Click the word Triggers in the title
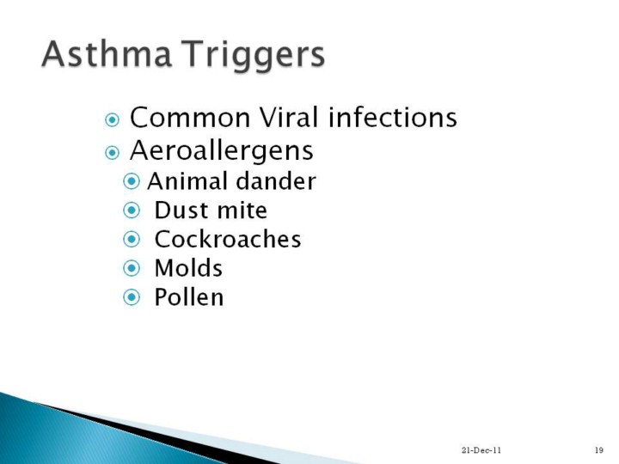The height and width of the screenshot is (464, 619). point(253,57)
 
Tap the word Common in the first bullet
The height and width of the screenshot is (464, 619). point(190,118)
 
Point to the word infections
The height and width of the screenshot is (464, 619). point(392,117)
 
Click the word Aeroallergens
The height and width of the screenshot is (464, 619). point(222,151)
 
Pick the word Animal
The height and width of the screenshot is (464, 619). point(188,181)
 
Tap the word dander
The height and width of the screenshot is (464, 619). point(276,181)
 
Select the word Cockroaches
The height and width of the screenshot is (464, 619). point(228,239)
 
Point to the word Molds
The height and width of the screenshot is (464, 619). point(188,268)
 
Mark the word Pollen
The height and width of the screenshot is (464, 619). point(188,297)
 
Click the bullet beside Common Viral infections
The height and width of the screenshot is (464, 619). point(112,119)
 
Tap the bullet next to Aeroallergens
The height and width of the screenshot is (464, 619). point(112,152)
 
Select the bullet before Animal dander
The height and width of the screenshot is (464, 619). point(132,181)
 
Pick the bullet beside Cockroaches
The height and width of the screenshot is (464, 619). point(132,240)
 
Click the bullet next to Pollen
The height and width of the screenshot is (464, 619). point(132,297)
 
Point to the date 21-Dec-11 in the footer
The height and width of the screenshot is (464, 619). point(481,449)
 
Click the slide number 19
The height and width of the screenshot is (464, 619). point(599,449)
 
